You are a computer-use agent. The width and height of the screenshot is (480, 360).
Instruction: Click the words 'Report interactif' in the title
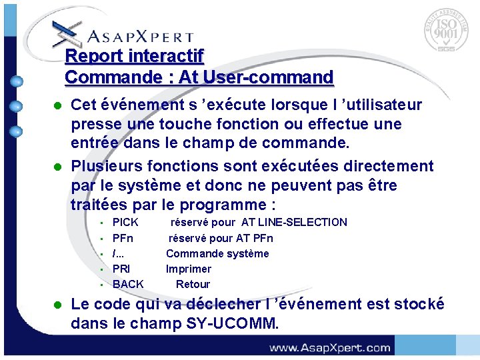pyautogui.click(x=134, y=55)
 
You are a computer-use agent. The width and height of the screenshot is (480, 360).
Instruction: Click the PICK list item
pyautogui.click(x=125, y=223)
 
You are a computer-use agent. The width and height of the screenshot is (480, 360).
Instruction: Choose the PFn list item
pyautogui.click(x=123, y=238)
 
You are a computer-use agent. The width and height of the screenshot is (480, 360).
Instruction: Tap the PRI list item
pyautogui.click(x=121, y=269)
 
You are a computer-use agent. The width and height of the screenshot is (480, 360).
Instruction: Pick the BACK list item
pyautogui.click(x=128, y=284)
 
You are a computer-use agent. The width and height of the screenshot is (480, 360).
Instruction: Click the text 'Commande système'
pyautogui.click(x=217, y=253)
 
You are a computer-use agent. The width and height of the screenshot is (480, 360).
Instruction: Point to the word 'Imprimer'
pyautogui.click(x=189, y=269)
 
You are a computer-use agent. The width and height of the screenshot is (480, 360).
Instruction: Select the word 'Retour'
pyautogui.click(x=193, y=284)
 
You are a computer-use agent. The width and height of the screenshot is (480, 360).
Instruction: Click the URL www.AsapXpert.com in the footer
pyautogui.click(x=329, y=347)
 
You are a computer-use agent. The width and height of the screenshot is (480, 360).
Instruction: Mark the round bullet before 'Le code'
pyautogui.click(x=58, y=305)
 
